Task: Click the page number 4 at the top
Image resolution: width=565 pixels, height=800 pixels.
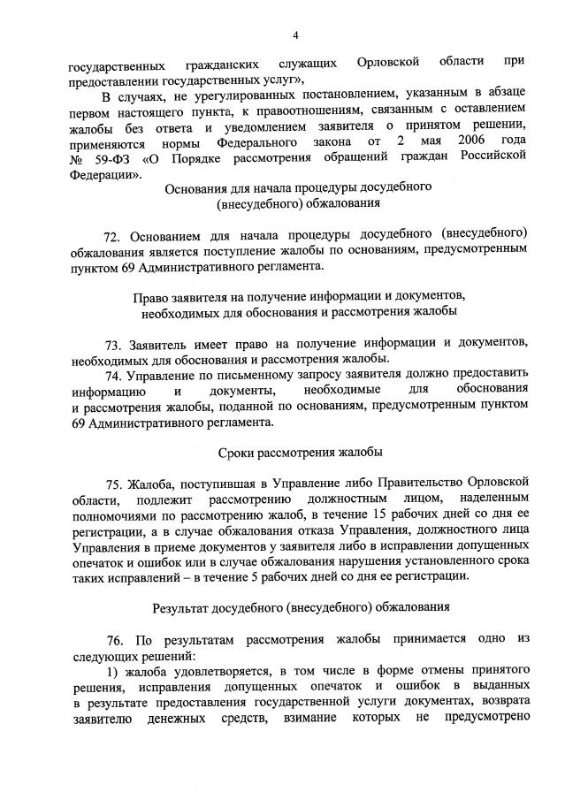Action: coord(296,34)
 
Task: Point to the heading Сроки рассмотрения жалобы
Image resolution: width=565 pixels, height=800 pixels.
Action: coord(300,453)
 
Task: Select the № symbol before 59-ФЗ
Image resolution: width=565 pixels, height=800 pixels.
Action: coord(76,157)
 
